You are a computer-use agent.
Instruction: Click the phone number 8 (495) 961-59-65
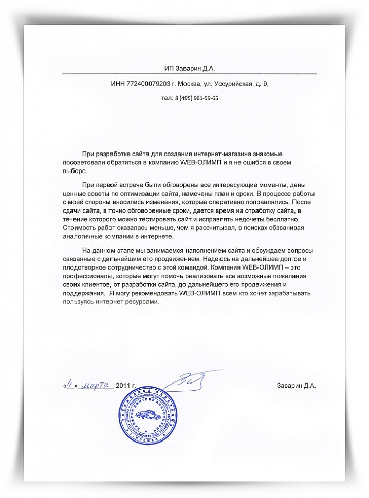tap(197, 98)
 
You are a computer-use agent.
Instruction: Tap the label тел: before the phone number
tap(167, 98)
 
